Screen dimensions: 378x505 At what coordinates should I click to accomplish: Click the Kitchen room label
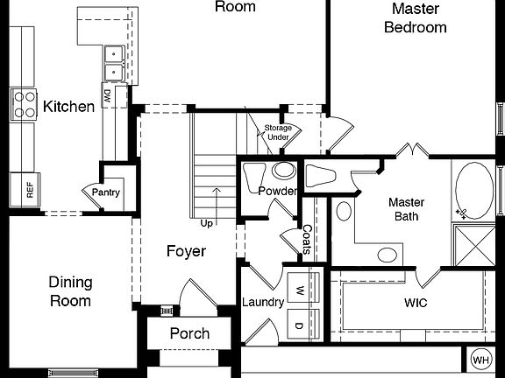pos(68,107)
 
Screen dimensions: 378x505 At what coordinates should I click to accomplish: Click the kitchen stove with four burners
pos(23,104)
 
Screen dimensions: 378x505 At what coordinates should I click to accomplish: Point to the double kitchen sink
pos(114,62)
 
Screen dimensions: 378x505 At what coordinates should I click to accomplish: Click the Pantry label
pos(106,192)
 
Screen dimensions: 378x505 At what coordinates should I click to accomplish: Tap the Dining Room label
pos(70,291)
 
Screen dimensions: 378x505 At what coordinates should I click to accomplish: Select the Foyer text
pos(186,252)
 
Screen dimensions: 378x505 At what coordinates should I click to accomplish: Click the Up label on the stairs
pos(207,223)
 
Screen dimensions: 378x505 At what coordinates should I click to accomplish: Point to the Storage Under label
pos(278,133)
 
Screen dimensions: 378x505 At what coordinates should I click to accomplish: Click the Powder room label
pos(277,192)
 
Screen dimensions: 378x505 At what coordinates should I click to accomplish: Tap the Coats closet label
pos(307,239)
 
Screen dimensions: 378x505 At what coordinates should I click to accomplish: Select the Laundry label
pos(263,303)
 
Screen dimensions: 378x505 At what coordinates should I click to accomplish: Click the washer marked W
pos(299,290)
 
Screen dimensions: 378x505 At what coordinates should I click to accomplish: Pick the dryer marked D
pos(299,325)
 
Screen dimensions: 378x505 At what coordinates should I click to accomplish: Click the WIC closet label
pos(416,303)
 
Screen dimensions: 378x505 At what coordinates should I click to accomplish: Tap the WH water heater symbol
pos(480,359)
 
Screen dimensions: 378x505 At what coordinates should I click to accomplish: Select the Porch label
pos(189,333)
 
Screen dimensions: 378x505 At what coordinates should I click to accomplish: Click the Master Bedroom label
pos(416,17)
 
